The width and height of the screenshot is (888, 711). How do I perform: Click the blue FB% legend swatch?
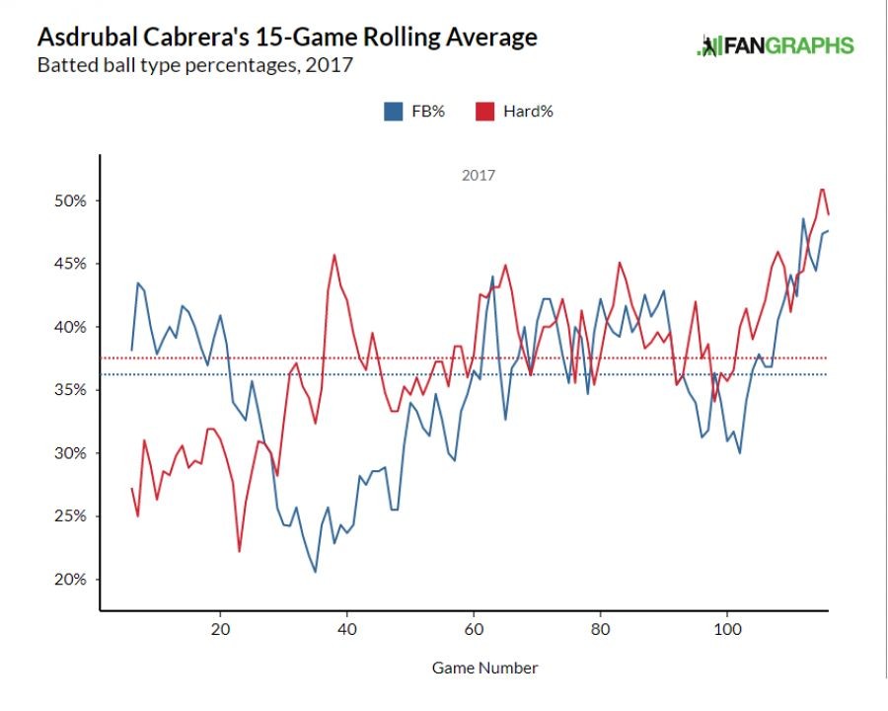(x=392, y=112)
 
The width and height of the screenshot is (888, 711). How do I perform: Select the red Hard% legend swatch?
(x=484, y=112)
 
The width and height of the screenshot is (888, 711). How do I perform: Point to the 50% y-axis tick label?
(x=70, y=200)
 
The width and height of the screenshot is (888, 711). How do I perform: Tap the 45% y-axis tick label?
(x=70, y=264)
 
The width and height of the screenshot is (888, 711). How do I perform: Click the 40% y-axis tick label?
(x=70, y=327)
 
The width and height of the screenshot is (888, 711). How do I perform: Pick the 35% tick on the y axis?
(x=70, y=390)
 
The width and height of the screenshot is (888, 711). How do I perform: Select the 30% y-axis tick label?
(x=70, y=453)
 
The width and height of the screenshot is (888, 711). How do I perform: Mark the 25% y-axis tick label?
(x=70, y=516)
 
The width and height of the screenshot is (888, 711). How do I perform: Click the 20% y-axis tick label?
(x=70, y=580)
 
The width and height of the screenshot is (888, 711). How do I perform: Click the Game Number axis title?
(x=484, y=668)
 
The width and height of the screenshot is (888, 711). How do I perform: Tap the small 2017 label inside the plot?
(x=479, y=176)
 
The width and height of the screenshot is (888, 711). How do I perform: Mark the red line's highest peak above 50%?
(x=822, y=189)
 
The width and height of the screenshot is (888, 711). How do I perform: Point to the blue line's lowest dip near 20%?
(x=315, y=572)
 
